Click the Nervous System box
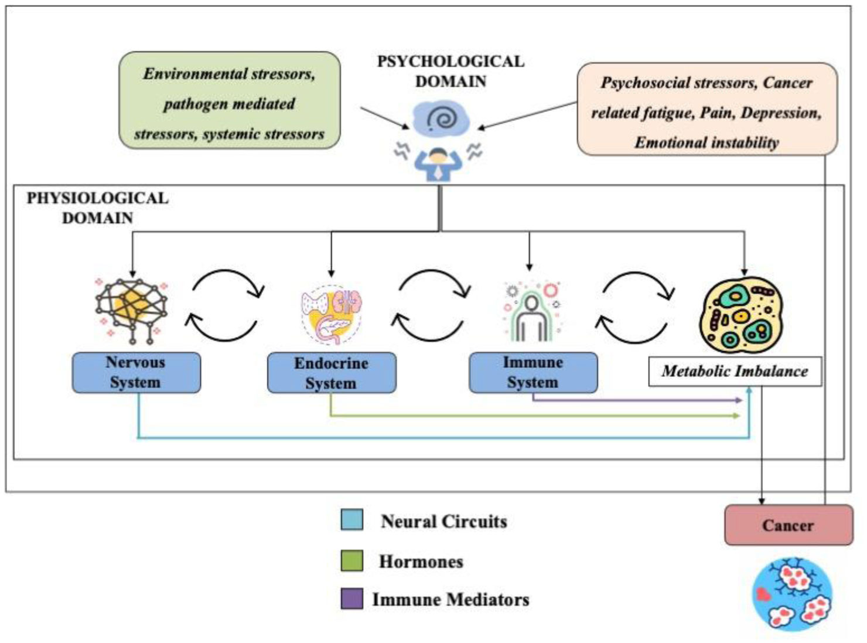tap(136, 372)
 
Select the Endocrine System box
tap(331, 373)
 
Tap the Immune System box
tap(533, 372)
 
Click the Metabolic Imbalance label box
tap(735, 371)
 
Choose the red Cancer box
tap(789, 525)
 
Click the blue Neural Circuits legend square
tap(351, 520)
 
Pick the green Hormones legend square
tap(351, 560)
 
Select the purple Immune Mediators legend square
tap(351, 599)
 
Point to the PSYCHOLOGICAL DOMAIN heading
tap(450, 71)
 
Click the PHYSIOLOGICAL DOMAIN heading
tap(97, 207)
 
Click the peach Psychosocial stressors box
tap(706, 112)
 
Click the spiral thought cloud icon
tap(441, 119)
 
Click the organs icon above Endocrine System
tap(332, 314)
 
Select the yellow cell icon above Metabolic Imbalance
tap(742, 315)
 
